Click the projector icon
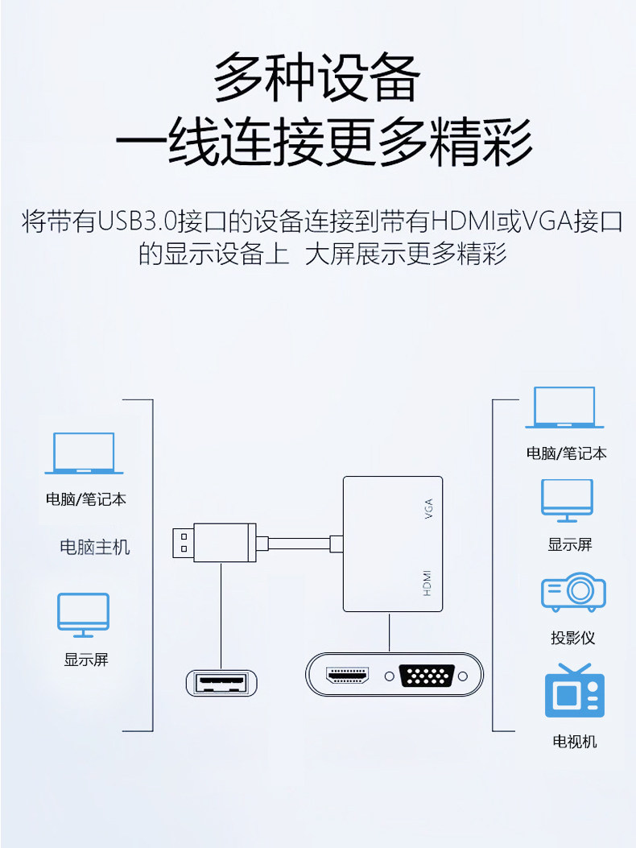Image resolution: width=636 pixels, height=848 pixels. point(572,593)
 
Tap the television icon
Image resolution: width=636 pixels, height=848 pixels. point(574,692)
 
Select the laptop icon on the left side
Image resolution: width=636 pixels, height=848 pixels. point(84,453)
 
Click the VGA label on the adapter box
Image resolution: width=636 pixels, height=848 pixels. point(427,509)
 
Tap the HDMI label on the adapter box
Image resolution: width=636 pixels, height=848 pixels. point(427,582)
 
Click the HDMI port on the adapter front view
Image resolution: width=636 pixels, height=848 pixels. point(347,676)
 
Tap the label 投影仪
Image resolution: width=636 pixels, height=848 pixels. point(573,638)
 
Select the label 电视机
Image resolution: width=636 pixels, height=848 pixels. point(574,742)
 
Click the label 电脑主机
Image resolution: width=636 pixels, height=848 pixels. point(95,548)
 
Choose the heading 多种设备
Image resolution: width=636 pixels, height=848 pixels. point(317,77)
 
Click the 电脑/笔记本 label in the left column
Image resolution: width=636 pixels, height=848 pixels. point(85,499)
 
